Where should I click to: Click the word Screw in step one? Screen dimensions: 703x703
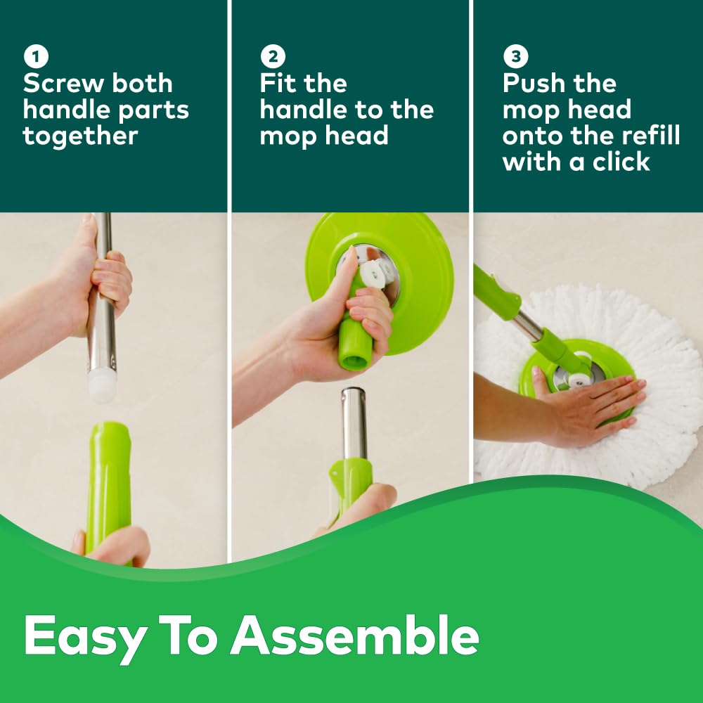59,84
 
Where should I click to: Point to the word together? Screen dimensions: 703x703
80,136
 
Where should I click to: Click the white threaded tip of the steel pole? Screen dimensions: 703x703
103,387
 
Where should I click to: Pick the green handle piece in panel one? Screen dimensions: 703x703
108,478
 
